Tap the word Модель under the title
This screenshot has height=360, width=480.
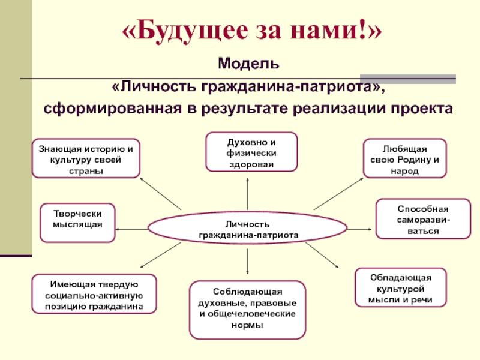(248, 62)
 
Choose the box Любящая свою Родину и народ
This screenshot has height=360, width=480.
(404, 159)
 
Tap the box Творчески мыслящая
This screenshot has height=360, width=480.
(77, 222)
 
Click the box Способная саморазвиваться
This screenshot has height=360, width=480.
(422, 219)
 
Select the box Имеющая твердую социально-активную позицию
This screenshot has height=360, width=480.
(94, 294)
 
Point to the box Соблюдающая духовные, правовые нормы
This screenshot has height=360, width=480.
(247, 309)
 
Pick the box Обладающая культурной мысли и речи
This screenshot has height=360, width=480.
(400, 287)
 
